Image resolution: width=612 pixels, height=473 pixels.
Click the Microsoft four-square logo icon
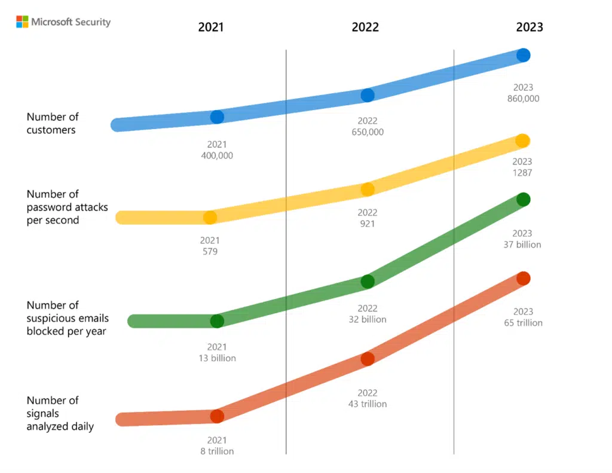22,22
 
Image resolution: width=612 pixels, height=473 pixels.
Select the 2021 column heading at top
210,28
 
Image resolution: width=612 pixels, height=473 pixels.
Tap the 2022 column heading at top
365,28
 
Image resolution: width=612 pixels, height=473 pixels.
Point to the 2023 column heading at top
530,28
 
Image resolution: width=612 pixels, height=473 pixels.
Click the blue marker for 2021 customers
217,117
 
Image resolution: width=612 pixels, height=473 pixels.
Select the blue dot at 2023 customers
523,55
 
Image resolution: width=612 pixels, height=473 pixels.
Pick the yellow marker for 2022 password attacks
368,190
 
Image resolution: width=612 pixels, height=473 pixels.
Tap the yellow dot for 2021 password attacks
210,218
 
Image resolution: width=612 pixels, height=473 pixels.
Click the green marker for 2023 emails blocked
523,200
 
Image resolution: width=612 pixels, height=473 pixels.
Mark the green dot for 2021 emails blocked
217,321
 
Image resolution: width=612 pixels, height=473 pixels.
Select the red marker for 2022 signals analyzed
368,359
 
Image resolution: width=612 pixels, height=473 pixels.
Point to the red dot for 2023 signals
523,279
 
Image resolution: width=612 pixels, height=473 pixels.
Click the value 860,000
523,99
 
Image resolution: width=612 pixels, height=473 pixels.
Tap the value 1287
522,173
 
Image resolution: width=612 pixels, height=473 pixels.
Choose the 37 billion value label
523,245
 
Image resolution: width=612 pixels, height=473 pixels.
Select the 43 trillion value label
368,404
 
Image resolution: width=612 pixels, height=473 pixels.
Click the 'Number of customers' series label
53,123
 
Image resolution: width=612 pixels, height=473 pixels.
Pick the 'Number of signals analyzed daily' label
60,413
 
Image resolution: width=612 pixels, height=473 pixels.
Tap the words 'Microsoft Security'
71,22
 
